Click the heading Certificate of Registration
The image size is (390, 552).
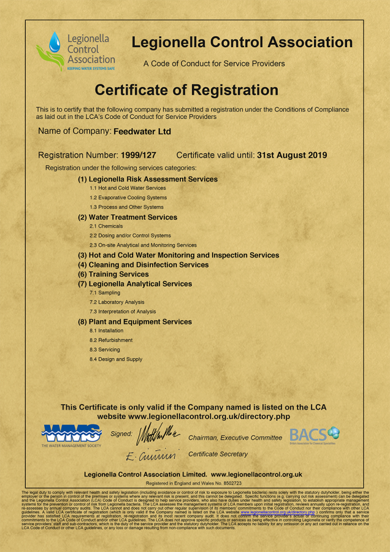(x=186, y=90)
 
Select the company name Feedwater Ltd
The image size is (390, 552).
(x=142, y=131)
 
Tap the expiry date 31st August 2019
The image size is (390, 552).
(x=292, y=155)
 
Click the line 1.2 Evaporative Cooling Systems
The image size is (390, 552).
(x=128, y=197)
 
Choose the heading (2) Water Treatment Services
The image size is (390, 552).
(x=127, y=217)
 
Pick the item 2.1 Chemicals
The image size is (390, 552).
(x=106, y=226)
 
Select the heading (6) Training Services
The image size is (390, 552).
(x=113, y=274)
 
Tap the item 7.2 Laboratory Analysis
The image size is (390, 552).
(x=117, y=302)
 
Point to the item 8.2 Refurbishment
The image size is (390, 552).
(x=110, y=340)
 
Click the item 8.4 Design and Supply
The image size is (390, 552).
(x=115, y=359)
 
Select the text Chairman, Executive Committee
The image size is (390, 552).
(x=235, y=438)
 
